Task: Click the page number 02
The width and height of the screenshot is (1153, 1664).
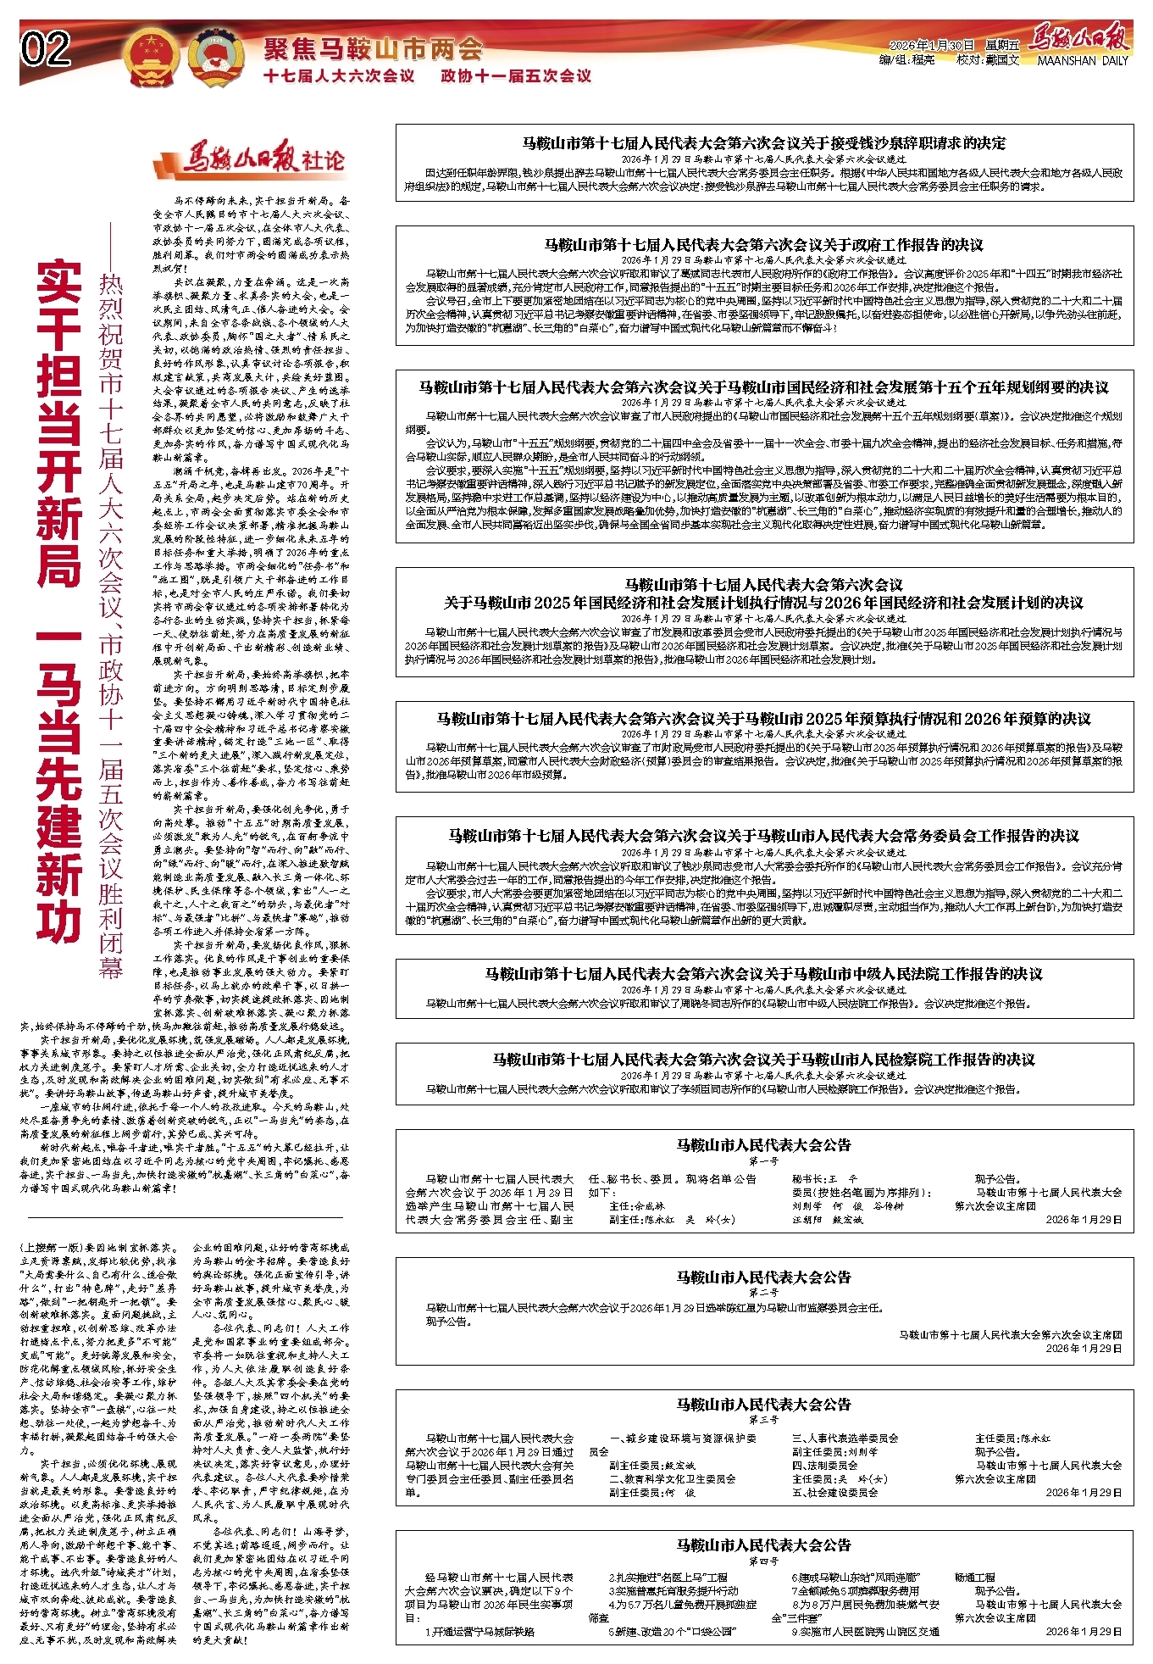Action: [x=47, y=49]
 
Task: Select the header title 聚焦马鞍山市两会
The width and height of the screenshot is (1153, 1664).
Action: [x=373, y=48]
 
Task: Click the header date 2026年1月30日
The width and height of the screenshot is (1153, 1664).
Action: [x=932, y=45]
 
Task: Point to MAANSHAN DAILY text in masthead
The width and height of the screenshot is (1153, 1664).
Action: [x=1082, y=61]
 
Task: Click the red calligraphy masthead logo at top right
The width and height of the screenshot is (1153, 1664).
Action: [x=1079, y=38]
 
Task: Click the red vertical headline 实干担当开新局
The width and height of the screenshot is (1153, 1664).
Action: [x=59, y=424]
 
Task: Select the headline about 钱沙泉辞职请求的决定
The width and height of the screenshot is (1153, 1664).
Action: [x=763, y=143]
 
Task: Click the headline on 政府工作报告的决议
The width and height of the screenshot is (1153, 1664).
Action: [x=763, y=245]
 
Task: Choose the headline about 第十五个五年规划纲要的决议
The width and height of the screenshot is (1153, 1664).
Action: [x=763, y=387]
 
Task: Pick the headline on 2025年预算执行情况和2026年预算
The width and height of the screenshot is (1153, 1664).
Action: [x=763, y=719]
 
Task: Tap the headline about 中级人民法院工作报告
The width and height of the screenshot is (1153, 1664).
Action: [x=763, y=974]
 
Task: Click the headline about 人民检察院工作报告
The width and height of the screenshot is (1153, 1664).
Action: [x=763, y=1060]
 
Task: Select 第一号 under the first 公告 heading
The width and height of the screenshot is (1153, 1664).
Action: [x=763, y=1161]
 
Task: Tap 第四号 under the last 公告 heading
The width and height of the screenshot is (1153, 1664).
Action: [x=763, y=1561]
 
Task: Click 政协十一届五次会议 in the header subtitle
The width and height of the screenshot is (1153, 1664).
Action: [x=516, y=76]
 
